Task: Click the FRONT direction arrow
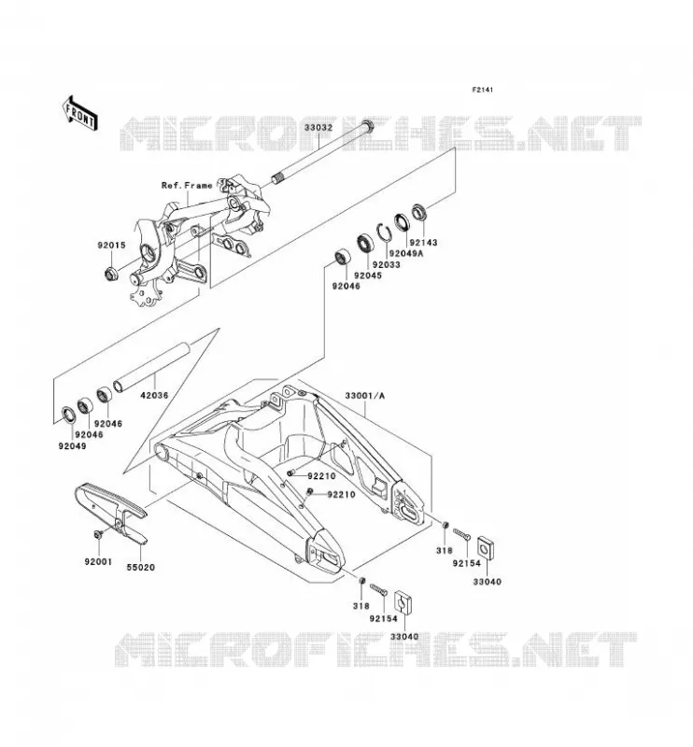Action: point(79,112)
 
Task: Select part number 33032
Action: point(318,128)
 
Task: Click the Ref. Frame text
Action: point(187,185)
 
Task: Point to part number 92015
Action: point(111,246)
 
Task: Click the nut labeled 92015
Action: point(111,274)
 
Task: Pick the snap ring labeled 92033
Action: point(385,232)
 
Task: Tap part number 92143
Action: point(423,243)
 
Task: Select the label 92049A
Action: point(405,253)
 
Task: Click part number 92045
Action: point(367,275)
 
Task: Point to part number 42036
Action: point(154,395)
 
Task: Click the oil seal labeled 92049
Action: point(70,415)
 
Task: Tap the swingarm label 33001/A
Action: point(364,396)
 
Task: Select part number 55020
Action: point(141,568)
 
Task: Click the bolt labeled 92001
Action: point(99,534)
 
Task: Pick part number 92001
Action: point(98,562)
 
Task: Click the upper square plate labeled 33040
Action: point(486,547)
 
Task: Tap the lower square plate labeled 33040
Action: point(403,602)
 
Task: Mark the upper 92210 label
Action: point(321,476)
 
